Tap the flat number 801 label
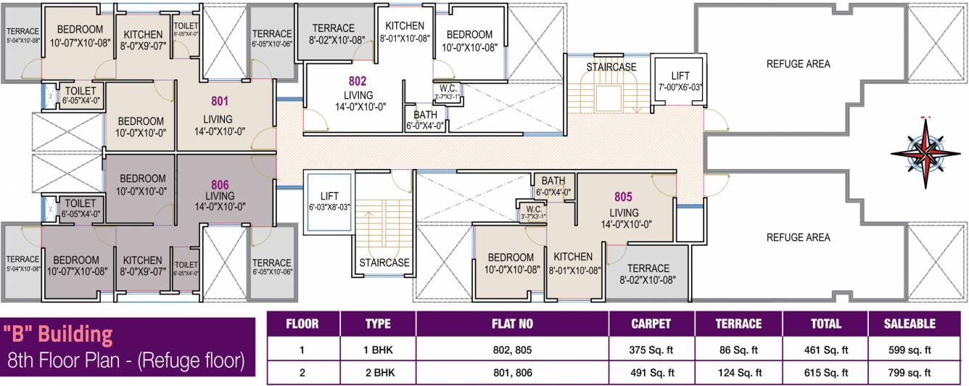(x=220, y=102)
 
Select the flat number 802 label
(x=357, y=81)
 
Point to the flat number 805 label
(x=623, y=196)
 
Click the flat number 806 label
(x=220, y=184)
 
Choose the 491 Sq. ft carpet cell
(x=651, y=373)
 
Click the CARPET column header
(x=651, y=324)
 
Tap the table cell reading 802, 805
(x=511, y=349)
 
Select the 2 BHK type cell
(x=377, y=373)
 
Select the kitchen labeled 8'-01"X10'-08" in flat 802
(x=405, y=32)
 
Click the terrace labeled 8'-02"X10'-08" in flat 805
(x=648, y=274)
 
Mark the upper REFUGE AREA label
(x=798, y=64)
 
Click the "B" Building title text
(x=58, y=334)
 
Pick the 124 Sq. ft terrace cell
(x=739, y=373)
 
